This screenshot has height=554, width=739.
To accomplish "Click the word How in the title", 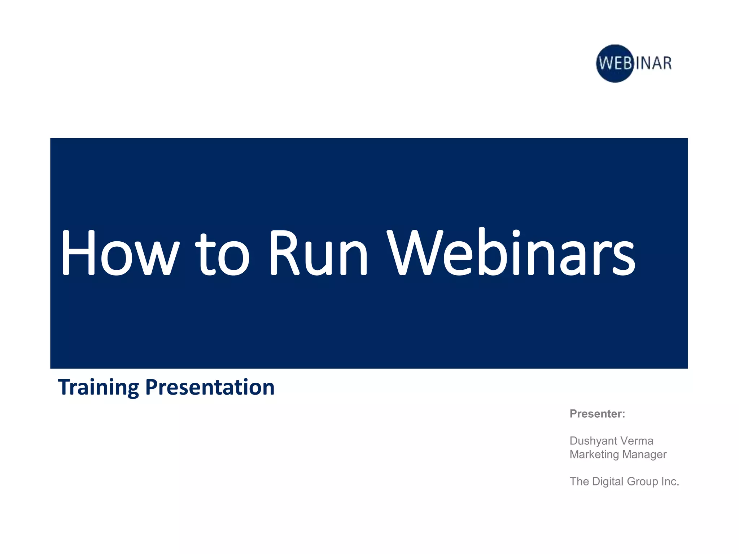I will pos(119,252).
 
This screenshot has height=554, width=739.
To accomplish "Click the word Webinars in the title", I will pos(511,252).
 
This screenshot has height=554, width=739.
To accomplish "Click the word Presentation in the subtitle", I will pos(210,387).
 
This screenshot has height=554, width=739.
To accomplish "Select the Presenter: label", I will pos(597,414).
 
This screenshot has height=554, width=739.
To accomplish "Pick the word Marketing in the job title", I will pos(594,454).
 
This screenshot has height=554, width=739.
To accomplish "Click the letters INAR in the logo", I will pos(653,63).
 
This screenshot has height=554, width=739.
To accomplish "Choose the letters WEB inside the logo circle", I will pos(615,63).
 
